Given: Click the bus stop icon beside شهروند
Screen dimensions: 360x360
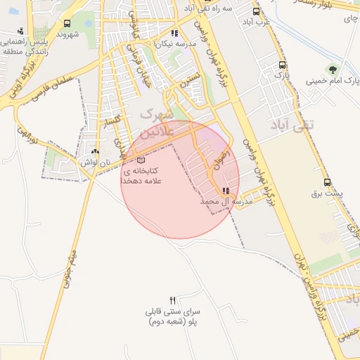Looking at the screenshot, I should point(66,24).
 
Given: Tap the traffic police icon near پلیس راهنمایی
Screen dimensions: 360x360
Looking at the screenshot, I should point(20,30).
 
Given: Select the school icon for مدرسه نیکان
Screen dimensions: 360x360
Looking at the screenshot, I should point(175,32).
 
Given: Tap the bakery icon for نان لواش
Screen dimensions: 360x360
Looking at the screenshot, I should point(95,150).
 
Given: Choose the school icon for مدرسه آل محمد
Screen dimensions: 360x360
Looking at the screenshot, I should point(225,191).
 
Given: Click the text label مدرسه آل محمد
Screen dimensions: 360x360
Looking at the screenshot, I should point(226,202).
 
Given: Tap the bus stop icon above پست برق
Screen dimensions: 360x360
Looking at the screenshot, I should point(326,182).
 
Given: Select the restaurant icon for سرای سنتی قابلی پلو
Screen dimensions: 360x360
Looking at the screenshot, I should point(173,300).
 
